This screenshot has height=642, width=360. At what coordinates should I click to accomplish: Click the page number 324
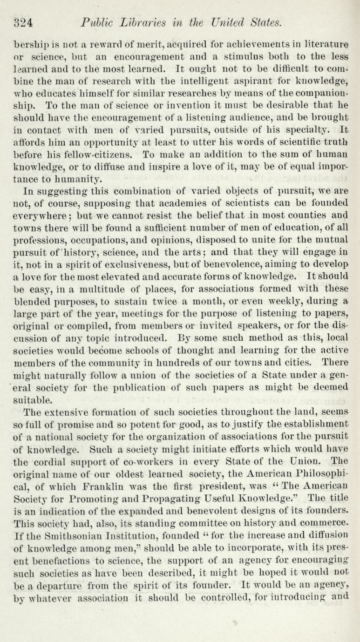tap(23, 22)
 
